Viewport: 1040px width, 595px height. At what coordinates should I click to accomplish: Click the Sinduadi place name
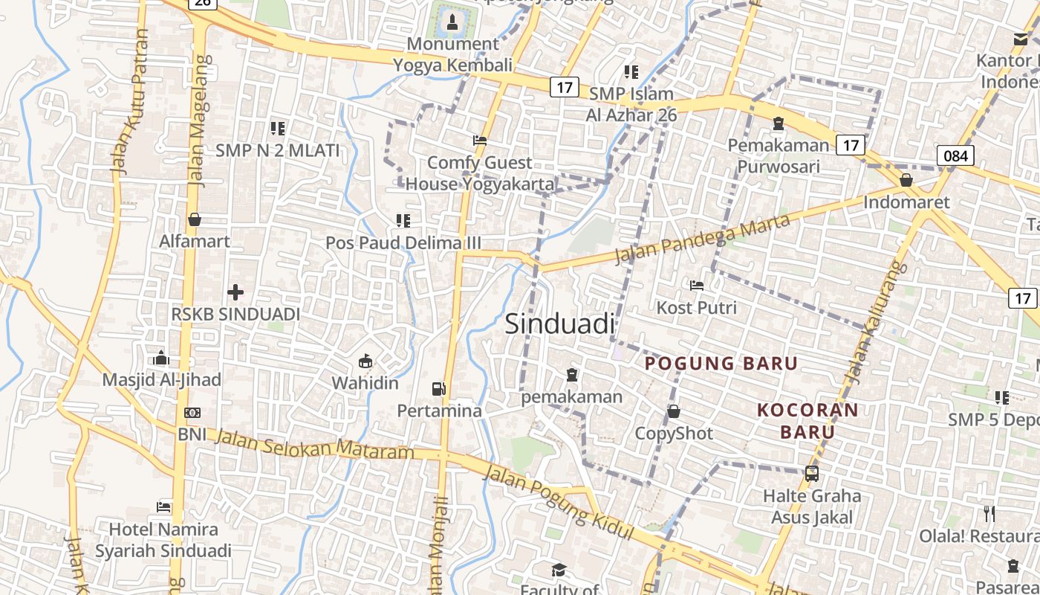tap(560, 324)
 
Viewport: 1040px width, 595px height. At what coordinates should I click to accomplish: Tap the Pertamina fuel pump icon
tap(439, 388)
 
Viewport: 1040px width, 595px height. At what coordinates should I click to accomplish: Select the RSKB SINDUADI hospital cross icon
tap(235, 292)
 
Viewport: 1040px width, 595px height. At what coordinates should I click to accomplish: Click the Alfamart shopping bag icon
tap(195, 219)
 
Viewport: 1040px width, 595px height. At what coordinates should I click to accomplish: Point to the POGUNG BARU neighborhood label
tap(721, 364)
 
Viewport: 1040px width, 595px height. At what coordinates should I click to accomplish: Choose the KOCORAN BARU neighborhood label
tap(807, 420)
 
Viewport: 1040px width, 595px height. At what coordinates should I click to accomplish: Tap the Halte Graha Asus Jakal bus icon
tap(812, 473)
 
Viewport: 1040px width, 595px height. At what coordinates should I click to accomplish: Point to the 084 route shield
tap(955, 155)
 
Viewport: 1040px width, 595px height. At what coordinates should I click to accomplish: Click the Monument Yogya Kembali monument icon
tap(452, 22)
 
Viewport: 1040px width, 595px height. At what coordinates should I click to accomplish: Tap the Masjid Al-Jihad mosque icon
tap(161, 358)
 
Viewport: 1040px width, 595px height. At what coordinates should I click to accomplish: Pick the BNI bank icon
tap(192, 413)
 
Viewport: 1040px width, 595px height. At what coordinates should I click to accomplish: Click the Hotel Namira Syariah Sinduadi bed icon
tap(163, 507)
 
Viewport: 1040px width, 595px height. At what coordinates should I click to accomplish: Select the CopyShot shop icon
tap(674, 411)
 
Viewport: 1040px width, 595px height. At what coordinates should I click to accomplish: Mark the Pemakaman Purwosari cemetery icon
tap(778, 123)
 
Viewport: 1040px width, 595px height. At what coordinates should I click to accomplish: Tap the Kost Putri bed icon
tap(696, 286)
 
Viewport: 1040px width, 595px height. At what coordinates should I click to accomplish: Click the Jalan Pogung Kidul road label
tap(559, 504)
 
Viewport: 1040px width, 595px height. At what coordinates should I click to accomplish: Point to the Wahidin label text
tap(365, 384)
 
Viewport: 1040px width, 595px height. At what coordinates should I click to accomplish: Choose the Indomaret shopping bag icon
tap(906, 180)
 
